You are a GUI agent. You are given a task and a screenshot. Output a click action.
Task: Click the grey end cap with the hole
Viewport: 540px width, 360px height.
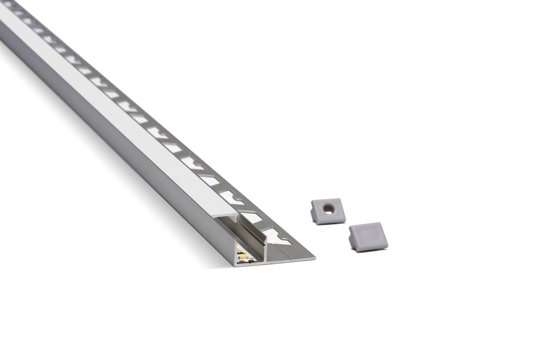328,211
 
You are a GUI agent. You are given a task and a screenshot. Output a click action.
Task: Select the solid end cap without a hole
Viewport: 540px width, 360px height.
368,237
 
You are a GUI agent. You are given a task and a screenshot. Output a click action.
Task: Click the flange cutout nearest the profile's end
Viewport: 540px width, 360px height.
276,237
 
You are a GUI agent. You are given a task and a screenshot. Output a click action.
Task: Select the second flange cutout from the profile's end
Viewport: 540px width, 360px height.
252,217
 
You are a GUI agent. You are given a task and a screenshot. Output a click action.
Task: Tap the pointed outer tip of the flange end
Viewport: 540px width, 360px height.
314,258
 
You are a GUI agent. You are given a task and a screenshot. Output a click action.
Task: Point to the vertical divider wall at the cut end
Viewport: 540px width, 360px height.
266,250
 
